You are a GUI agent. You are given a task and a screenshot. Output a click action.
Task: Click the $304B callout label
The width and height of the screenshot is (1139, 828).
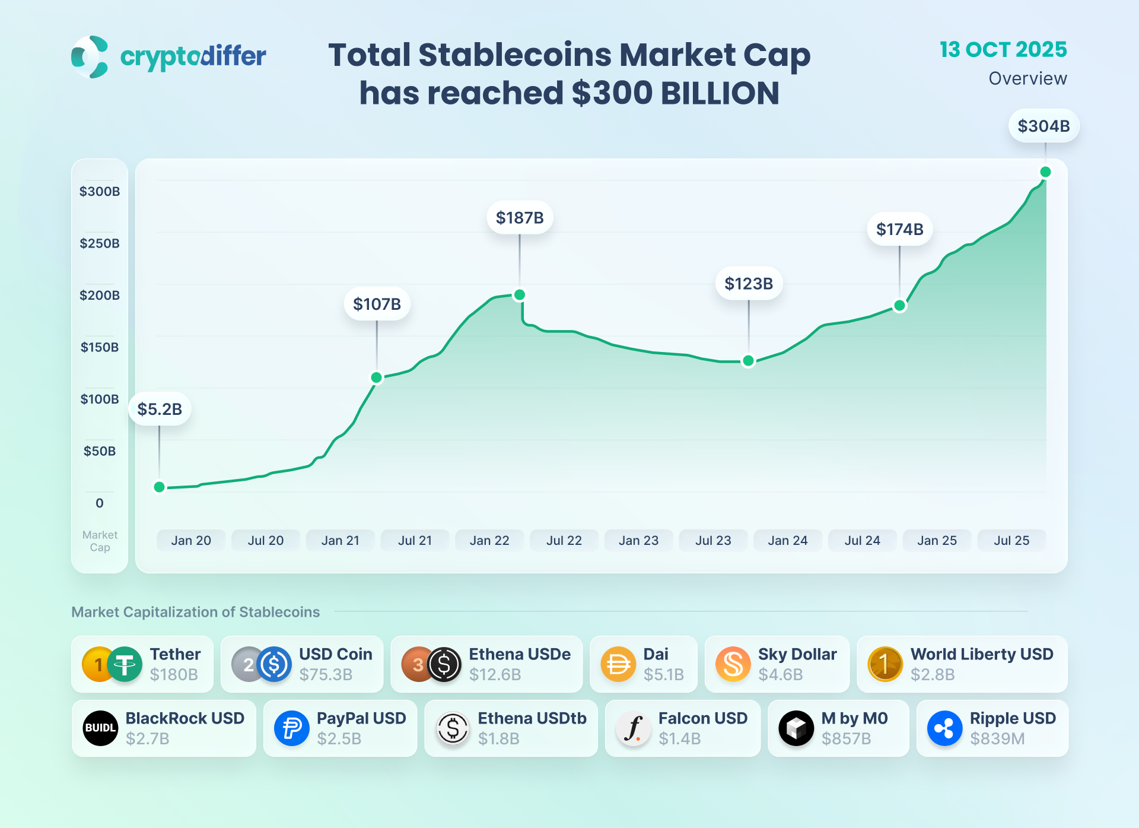click(1043, 126)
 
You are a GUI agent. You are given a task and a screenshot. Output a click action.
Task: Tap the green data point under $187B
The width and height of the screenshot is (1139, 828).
click(520, 295)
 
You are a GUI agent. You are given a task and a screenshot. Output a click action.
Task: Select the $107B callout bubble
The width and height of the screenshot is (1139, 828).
click(377, 304)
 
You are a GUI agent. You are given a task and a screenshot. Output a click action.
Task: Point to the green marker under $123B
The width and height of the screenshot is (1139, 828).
click(749, 361)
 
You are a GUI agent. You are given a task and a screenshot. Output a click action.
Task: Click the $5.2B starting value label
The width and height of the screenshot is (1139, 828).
click(160, 409)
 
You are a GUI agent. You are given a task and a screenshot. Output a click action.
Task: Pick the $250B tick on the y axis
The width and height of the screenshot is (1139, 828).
click(100, 243)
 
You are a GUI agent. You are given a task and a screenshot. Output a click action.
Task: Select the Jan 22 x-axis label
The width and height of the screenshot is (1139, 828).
click(489, 541)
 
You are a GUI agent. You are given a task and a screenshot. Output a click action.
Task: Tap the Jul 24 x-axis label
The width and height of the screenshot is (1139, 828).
click(862, 541)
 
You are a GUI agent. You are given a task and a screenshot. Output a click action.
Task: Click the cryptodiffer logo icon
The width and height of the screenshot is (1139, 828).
click(90, 57)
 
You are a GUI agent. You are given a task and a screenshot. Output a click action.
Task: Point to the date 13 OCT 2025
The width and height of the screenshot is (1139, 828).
click(1003, 50)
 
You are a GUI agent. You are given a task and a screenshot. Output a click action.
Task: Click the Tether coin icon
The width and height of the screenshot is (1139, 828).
click(125, 664)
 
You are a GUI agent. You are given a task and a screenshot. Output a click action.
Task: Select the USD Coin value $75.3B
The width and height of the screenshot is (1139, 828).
click(326, 675)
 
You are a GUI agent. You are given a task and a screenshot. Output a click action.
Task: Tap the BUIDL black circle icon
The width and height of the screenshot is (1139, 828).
click(100, 728)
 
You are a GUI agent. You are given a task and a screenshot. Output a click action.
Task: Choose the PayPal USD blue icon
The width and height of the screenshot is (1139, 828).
click(291, 728)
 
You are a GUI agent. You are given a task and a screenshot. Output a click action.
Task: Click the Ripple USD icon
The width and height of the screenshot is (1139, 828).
click(944, 728)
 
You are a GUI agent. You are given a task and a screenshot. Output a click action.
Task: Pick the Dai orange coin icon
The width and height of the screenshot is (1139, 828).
click(618, 664)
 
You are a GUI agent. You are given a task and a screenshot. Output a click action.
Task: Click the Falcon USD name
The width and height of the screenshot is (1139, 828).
click(702, 718)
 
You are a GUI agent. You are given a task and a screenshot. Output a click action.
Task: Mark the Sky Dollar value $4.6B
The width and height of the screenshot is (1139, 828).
click(781, 675)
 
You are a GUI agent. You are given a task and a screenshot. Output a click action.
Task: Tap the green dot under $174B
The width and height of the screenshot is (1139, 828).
click(899, 306)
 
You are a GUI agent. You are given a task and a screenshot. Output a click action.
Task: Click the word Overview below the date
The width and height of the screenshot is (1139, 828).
click(1027, 78)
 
